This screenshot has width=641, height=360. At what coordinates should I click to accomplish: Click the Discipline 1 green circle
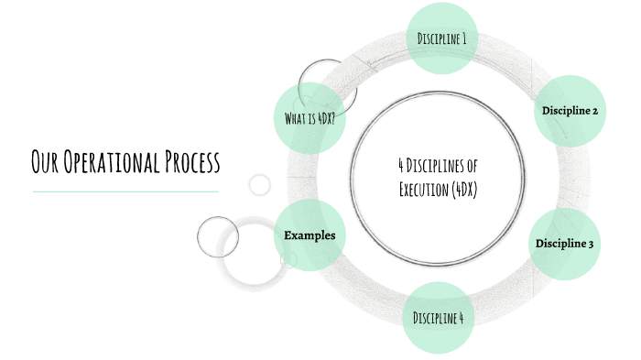coord(442,38)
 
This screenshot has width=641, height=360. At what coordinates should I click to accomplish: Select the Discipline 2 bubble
coord(570,111)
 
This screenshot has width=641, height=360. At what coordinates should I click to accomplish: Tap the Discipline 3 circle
coord(565,244)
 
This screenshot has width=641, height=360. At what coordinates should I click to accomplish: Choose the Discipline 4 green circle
coord(438,318)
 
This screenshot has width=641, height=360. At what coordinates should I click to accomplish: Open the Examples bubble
coord(310,235)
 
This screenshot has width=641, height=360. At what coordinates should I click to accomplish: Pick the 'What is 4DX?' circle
coord(310,119)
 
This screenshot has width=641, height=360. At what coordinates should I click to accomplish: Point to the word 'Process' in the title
coord(190,164)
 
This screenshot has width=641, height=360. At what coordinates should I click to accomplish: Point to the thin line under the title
coord(125,191)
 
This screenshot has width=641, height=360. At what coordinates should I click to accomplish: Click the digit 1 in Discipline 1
coord(463,38)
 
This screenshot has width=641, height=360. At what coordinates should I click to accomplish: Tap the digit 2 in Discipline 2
coord(595,111)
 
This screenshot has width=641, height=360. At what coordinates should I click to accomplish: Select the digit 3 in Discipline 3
coord(591,244)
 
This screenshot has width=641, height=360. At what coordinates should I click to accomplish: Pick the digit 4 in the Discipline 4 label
coord(460,318)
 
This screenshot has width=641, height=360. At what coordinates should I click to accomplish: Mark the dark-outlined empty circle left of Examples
coord(218,236)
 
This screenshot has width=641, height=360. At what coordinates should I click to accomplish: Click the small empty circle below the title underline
coord(260,184)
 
